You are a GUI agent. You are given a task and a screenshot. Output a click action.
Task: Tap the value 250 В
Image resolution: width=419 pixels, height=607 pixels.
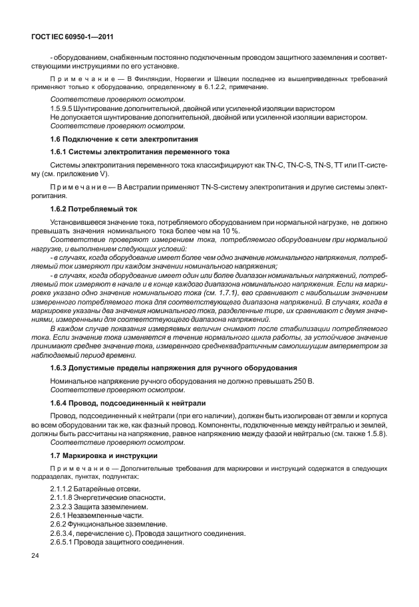tap(301, 381)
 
